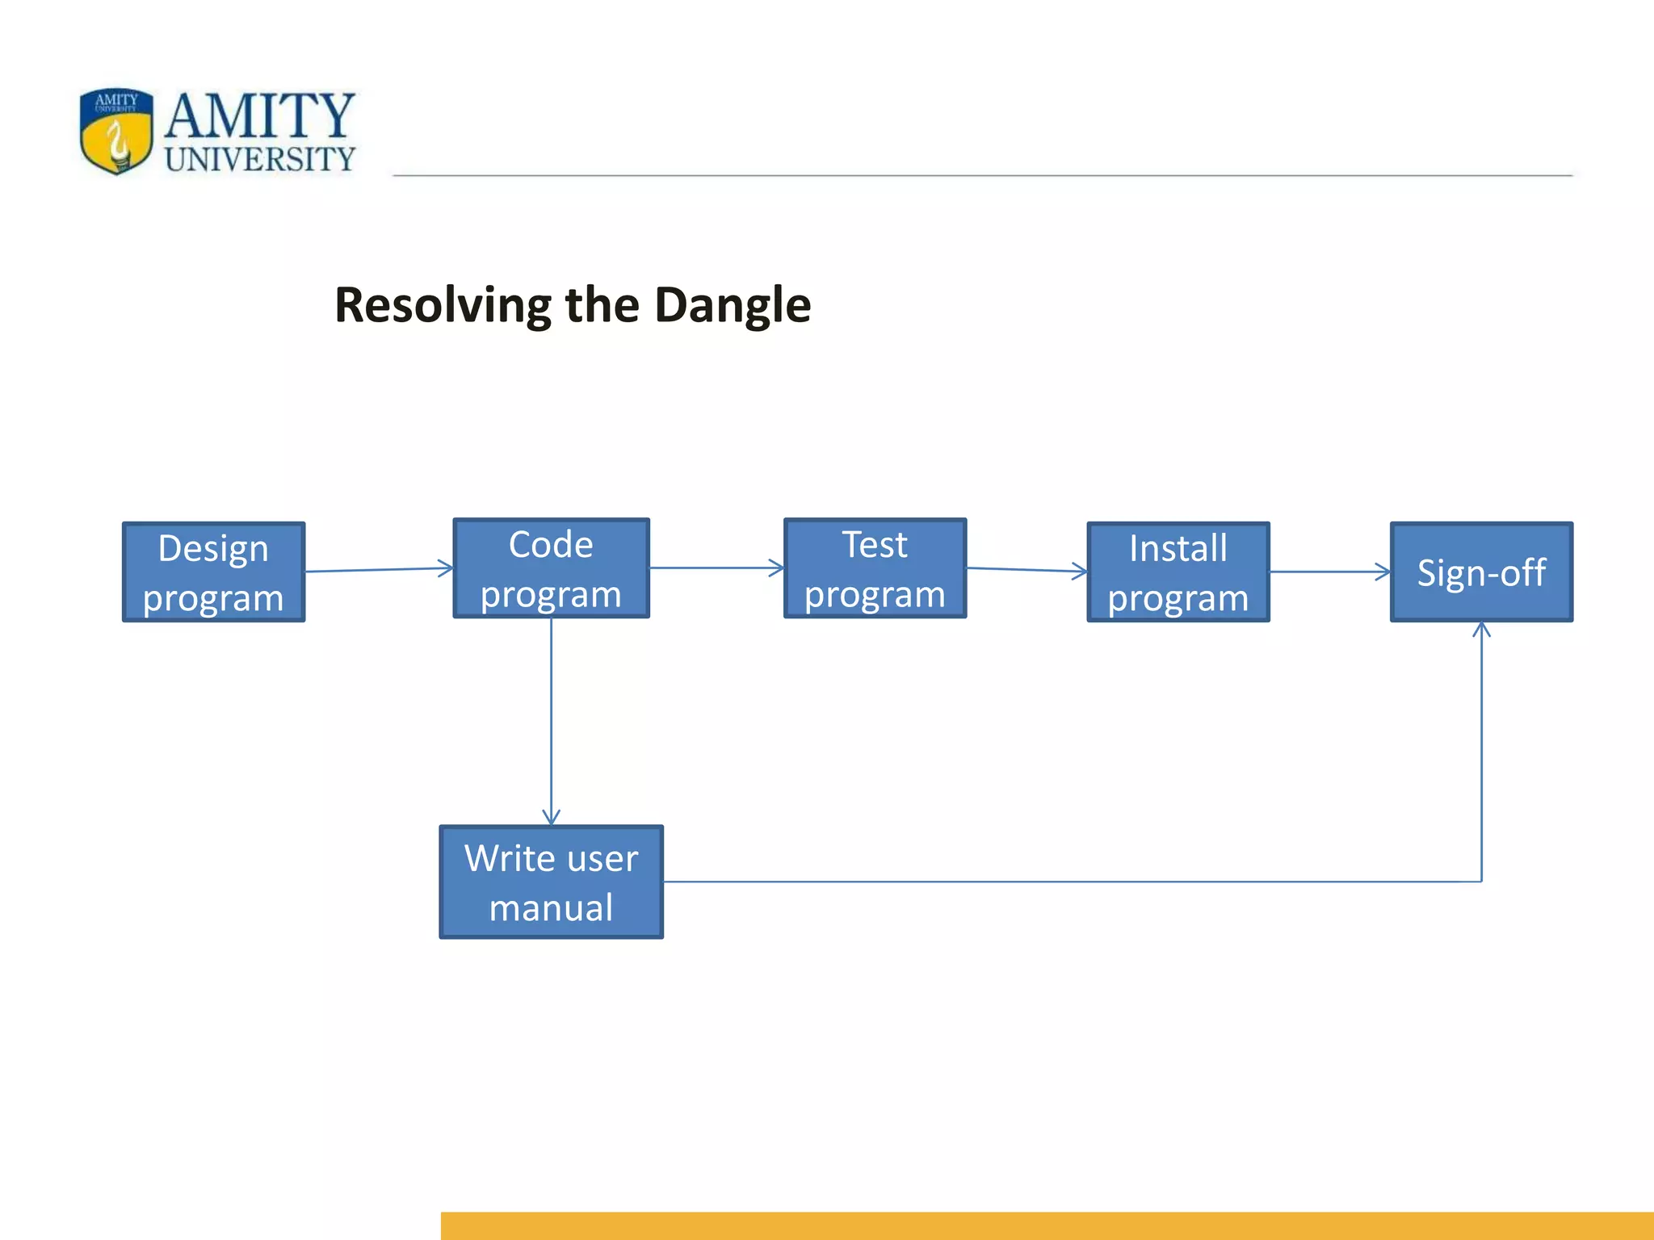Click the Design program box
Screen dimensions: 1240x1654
pyautogui.click(x=213, y=572)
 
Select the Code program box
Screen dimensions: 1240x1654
pyautogui.click(x=551, y=568)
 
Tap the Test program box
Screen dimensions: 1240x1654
pyautogui.click(x=875, y=568)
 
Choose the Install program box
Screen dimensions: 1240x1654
pyautogui.click(x=1178, y=572)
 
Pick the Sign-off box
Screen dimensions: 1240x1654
pyautogui.click(x=1481, y=572)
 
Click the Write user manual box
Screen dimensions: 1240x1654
pyautogui.click(x=551, y=882)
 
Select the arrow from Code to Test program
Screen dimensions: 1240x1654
pyautogui.click(x=716, y=568)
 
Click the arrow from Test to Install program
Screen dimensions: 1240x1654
pyautogui.click(x=1026, y=570)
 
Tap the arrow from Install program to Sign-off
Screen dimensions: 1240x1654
pyautogui.click(x=1329, y=572)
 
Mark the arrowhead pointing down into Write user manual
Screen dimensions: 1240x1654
pyautogui.click(x=551, y=817)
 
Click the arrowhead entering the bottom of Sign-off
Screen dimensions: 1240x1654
pyautogui.click(x=1481, y=630)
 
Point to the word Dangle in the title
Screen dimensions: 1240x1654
pyautogui.click(x=732, y=305)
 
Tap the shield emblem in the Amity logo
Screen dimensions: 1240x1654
pyautogui.click(x=116, y=131)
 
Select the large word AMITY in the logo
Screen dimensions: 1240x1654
pyautogui.click(x=260, y=115)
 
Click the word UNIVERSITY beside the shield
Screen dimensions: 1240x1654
pyautogui.click(x=260, y=159)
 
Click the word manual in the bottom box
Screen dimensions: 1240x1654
pyautogui.click(x=551, y=907)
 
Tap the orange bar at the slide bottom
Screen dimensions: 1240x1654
pyautogui.click(x=1047, y=1225)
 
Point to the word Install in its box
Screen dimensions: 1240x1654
pyautogui.click(x=1178, y=548)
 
